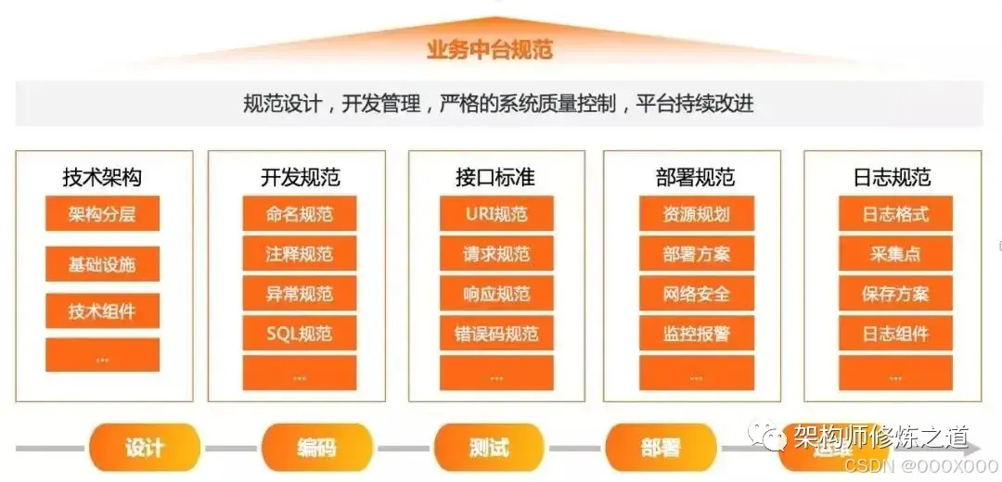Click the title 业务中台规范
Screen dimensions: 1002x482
(x=489, y=49)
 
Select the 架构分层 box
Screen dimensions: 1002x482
(x=102, y=214)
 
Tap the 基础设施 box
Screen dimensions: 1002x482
(x=102, y=264)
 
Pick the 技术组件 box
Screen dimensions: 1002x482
(x=102, y=311)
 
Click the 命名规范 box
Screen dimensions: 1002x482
(x=299, y=214)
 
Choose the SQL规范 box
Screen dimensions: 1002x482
(x=299, y=333)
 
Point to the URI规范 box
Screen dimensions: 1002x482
(x=496, y=214)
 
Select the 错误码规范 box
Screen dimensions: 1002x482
(x=496, y=333)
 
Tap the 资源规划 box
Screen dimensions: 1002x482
(x=696, y=214)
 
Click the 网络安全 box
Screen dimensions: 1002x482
(x=696, y=294)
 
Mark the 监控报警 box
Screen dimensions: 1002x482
(x=696, y=333)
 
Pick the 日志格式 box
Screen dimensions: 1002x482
(x=895, y=214)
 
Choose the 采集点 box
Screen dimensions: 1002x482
(x=895, y=254)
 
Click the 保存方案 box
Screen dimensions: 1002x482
(x=895, y=294)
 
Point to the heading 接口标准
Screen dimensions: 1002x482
(x=496, y=176)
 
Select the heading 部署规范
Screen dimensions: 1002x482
(x=696, y=176)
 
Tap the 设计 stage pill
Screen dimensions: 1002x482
(x=144, y=448)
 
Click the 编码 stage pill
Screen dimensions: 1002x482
(x=316, y=448)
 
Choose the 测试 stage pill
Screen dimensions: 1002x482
(x=489, y=448)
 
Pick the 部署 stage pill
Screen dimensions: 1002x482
(x=661, y=448)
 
